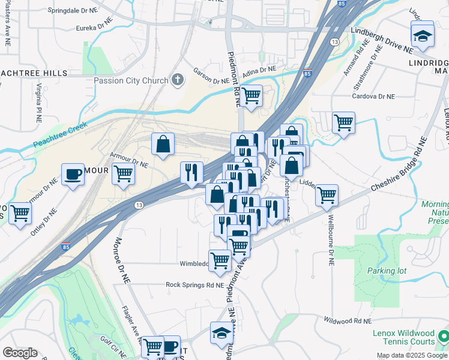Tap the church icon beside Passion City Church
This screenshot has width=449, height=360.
pyautogui.click(x=177, y=79)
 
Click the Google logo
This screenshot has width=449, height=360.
pyautogui.click(x=20, y=353)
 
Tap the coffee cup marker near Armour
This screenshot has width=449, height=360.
pyautogui.click(x=73, y=175)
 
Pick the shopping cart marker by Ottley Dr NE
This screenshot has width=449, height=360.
pyautogui.click(x=20, y=212)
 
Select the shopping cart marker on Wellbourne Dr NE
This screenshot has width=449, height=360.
pyautogui.click(x=327, y=194)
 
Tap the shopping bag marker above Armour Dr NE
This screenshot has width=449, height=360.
pyautogui.click(x=163, y=144)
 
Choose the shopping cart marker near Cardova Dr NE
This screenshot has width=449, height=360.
pyautogui.click(x=343, y=123)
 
